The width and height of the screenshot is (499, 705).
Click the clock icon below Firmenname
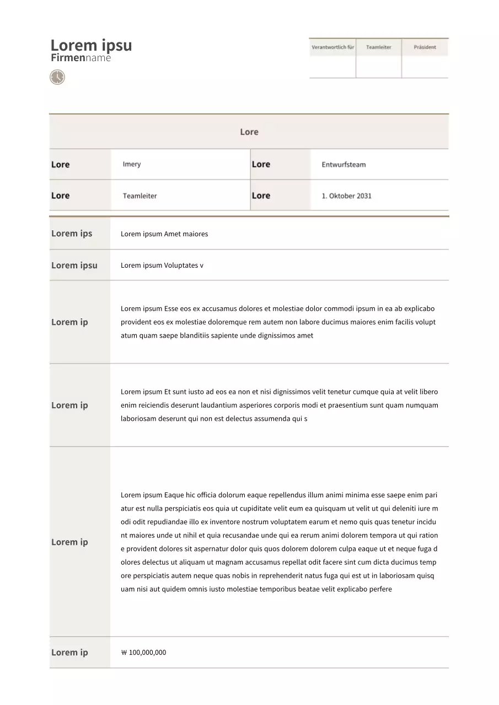point(57,77)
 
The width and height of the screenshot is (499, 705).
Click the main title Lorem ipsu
point(91,45)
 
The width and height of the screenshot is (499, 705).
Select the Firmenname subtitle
point(81,58)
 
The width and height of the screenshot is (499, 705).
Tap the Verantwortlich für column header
point(332,47)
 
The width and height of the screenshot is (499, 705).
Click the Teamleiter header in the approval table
point(378,47)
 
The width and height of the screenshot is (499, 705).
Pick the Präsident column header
point(425,47)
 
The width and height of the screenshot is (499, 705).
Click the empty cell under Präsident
point(425,67)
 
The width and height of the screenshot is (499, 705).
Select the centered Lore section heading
point(249,132)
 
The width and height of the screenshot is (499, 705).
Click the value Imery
point(132,164)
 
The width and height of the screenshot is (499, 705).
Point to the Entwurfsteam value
point(344,165)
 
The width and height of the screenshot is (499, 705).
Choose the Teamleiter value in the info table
point(139,196)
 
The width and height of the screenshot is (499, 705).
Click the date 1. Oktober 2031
point(346,196)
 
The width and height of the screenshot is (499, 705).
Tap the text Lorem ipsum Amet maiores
point(164,234)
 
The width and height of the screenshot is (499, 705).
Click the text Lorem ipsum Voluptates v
point(162,265)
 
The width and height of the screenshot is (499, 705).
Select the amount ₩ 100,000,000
point(143,653)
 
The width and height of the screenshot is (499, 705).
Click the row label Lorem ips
point(72,234)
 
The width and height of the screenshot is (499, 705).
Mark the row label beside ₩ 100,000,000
point(69,653)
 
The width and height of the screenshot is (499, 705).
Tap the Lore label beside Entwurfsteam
point(261,164)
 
